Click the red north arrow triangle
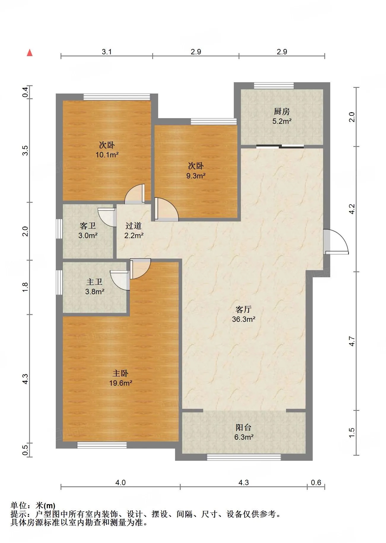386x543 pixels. [x=30, y=53]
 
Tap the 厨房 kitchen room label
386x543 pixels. [x=282, y=112]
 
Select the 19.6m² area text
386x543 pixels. [x=120, y=383]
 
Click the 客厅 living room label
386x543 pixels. [x=244, y=310]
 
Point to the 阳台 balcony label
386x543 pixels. [x=244, y=427]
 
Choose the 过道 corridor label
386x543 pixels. [x=134, y=226]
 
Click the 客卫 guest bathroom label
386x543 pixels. [x=88, y=226]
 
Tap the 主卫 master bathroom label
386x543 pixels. [x=94, y=282]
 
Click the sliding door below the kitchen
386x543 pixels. [x=280, y=146]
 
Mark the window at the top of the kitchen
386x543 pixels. [x=274, y=86]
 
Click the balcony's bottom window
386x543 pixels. [x=244, y=457]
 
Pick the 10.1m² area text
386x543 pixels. [x=107, y=155]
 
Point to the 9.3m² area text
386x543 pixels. [x=196, y=176]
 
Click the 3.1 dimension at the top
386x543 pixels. [x=107, y=52]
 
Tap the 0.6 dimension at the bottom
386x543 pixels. [x=316, y=482]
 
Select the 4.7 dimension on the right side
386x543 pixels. [x=352, y=341]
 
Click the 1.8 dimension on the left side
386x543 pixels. [x=26, y=287]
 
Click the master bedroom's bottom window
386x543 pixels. [x=102, y=445]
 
